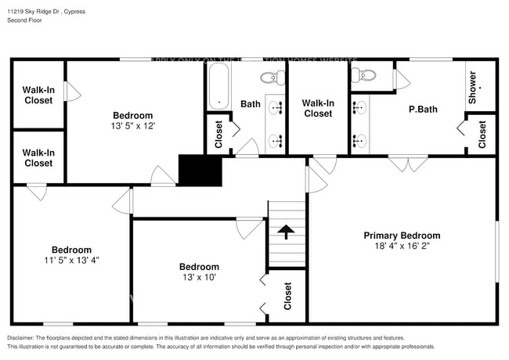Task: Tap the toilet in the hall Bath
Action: click(269, 77)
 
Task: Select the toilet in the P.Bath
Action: click(364, 76)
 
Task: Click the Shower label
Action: click(472, 88)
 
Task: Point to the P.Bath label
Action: click(423, 110)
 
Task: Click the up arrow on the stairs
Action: click(286, 232)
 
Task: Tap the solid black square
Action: click(200, 171)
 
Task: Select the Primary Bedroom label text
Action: click(402, 236)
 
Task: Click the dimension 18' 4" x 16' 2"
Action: click(402, 246)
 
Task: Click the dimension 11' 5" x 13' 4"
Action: click(71, 260)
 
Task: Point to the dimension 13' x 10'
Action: click(199, 277)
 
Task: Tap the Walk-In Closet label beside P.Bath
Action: click(317, 108)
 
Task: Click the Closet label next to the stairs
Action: click(287, 297)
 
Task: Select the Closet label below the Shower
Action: click(482, 134)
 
